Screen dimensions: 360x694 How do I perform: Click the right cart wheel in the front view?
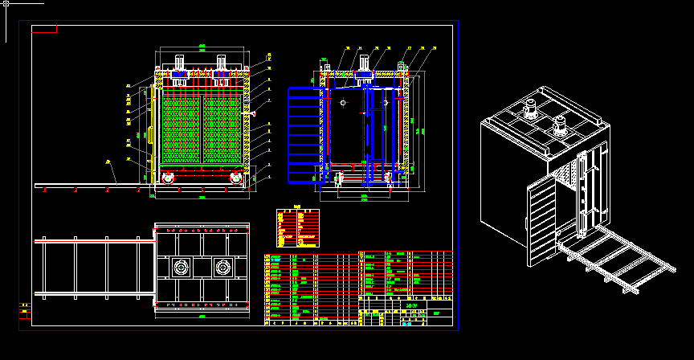[x=235, y=178]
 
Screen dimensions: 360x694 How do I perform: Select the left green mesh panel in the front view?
[x=182, y=129]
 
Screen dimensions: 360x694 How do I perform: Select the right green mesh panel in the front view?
[x=222, y=129]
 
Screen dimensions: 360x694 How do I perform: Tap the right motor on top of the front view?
[x=222, y=63]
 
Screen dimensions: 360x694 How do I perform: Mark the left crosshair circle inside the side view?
[x=343, y=103]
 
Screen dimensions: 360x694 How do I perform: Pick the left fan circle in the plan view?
[x=180, y=267]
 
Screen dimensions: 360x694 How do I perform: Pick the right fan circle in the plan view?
[x=222, y=267]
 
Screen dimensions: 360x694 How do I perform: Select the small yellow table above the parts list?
[x=297, y=227]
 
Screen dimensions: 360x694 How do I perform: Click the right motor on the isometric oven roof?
[x=561, y=126]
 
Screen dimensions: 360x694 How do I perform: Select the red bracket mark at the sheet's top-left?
[x=45, y=31]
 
